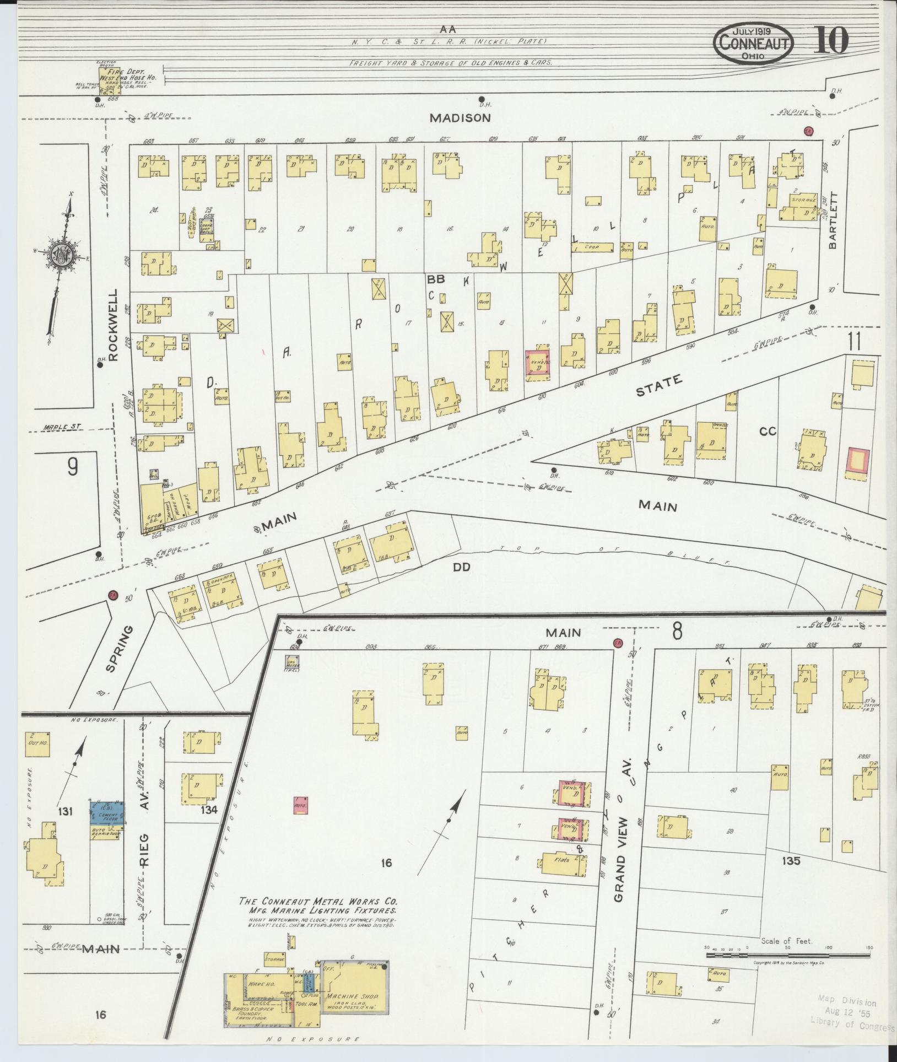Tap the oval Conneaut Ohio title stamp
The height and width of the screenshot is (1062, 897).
pyautogui.click(x=754, y=42)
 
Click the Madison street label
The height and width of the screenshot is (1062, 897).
pyautogui.click(x=460, y=117)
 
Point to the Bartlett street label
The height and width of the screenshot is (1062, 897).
pyautogui.click(x=832, y=220)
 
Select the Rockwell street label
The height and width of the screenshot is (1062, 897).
pyautogui.click(x=114, y=325)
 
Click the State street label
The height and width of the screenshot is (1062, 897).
pyautogui.click(x=659, y=385)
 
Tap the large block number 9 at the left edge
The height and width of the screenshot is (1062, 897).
pyautogui.click(x=72, y=467)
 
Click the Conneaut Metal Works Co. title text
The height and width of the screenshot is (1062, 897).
pyautogui.click(x=318, y=902)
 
